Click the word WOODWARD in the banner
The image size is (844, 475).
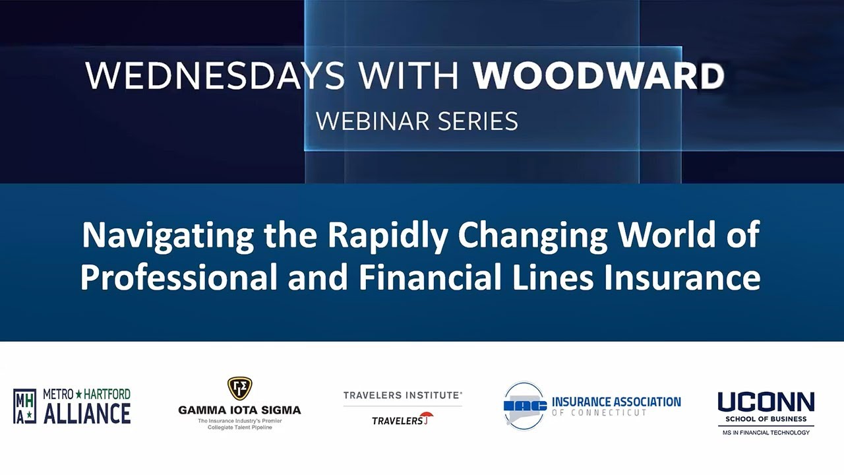point(599,77)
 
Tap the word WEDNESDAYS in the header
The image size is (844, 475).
point(215,77)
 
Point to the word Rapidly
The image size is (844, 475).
point(382,236)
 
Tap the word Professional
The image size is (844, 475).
point(179,278)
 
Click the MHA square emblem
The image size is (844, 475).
point(25,406)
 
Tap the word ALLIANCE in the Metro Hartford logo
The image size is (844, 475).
point(87,414)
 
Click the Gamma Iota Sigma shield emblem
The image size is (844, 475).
point(239,388)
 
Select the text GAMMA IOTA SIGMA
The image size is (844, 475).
point(239,410)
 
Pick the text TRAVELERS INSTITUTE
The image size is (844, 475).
point(402,395)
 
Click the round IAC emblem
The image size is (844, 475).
point(525,406)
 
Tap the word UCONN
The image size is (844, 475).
point(766,402)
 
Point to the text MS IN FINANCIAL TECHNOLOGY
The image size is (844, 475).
point(766,433)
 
